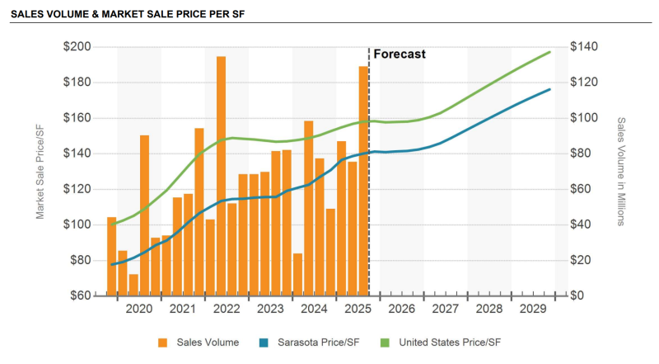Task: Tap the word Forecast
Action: click(x=400, y=54)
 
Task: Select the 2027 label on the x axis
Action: click(x=445, y=309)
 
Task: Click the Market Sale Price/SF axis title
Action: click(x=40, y=171)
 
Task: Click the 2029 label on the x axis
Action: click(x=533, y=309)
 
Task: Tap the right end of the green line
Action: click(x=550, y=52)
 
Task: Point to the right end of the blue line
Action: click(x=550, y=89)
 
